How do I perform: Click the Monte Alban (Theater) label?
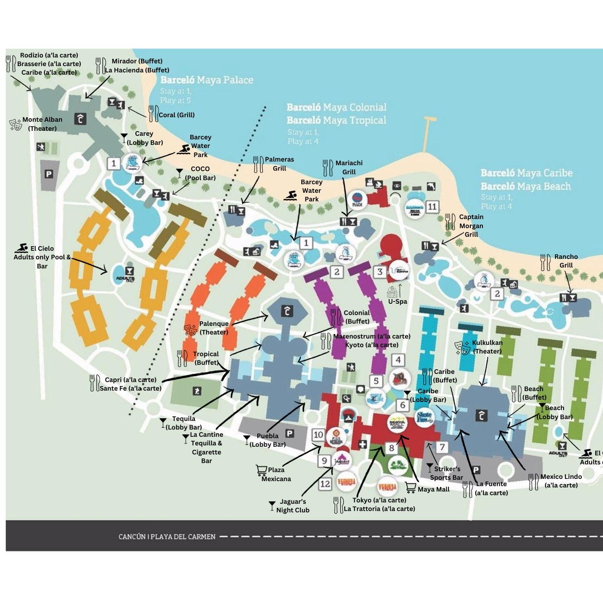pos(42,124)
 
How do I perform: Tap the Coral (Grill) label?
pos(176,115)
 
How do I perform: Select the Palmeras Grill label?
pos(279,164)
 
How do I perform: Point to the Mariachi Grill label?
pos(349,167)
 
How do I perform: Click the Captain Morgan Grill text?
pos(471,225)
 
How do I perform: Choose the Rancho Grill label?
pos(566,261)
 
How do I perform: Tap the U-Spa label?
pos(397,301)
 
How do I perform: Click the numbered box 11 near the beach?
pos(432,207)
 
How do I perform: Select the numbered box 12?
pos(325,484)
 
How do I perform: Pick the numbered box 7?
pos(442,447)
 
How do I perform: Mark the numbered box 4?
pos(398,360)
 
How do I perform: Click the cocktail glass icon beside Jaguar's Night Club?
pos(272,504)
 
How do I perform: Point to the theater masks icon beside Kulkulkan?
pos(463,347)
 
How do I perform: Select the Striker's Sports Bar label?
pos(447,473)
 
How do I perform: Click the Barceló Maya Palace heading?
pos(207,80)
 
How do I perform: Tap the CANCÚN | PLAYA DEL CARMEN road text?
pos(167,537)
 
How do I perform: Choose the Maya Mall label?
pos(434,489)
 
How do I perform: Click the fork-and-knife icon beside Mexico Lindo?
pos(533,482)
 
